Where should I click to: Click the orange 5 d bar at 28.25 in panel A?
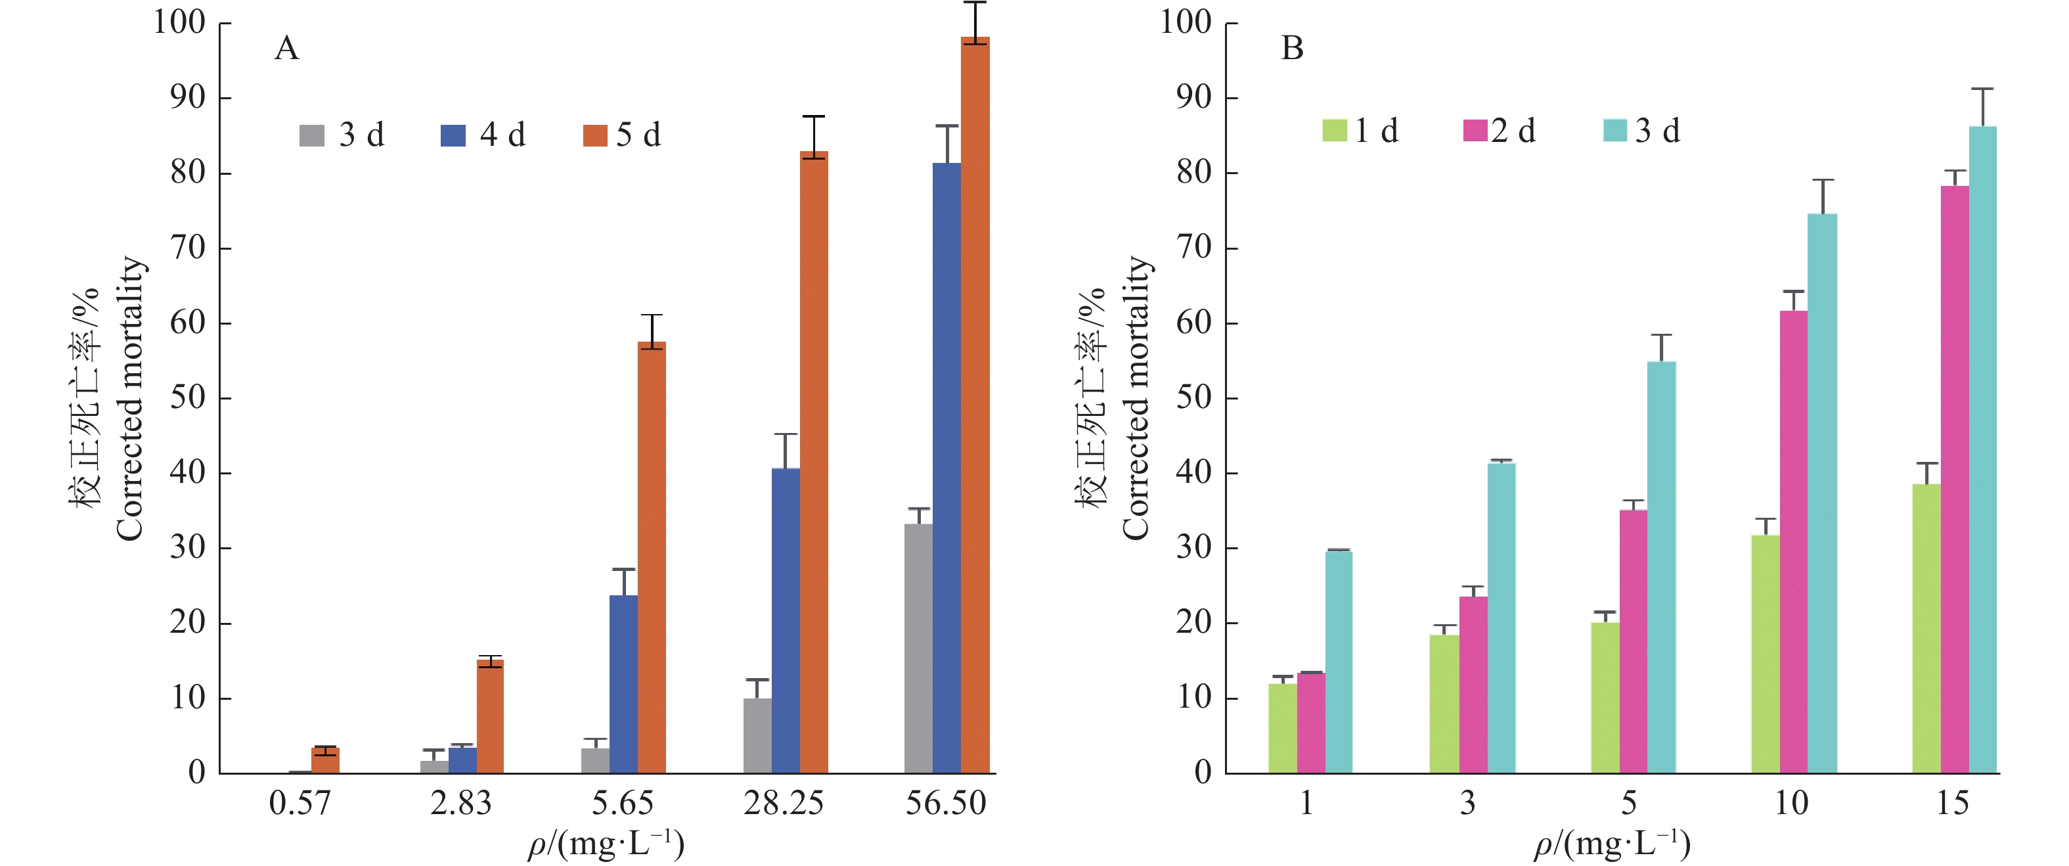814,462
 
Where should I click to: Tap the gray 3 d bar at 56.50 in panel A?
918,649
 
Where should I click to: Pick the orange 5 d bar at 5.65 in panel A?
652,558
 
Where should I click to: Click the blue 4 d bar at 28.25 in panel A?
786,620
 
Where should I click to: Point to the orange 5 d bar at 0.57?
325,761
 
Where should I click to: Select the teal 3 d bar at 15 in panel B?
1982,450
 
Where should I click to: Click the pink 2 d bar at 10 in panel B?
1794,542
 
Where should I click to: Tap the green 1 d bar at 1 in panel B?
1283,728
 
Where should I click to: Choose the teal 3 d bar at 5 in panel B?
1661,567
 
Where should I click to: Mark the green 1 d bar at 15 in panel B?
1926,628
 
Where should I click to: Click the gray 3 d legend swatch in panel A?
311,135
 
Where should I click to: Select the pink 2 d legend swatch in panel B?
1475,130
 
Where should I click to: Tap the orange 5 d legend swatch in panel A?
595,135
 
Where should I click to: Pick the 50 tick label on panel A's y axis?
188,398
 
